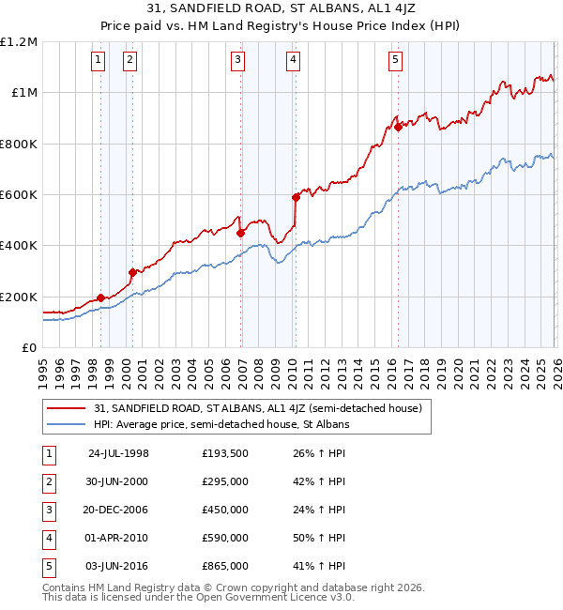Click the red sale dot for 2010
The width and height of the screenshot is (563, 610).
pyautogui.click(x=296, y=197)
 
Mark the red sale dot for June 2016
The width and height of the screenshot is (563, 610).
pyautogui.click(x=398, y=128)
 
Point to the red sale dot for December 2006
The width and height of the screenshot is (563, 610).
pyautogui.click(x=241, y=233)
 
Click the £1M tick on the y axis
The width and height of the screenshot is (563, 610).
pyautogui.click(x=23, y=93)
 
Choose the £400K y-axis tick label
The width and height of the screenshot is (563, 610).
pyautogui.click(x=19, y=246)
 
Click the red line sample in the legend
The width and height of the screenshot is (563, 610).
pyautogui.click(x=66, y=408)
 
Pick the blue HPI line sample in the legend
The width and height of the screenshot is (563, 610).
pyautogui.click(x=66, y=424)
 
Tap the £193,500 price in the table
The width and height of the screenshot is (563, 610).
pyautogui.click(x=224, y=452)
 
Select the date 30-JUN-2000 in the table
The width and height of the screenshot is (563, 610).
pyautogui.click(x=118, y=480)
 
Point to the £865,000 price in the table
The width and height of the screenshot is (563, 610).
pyautogui.click(x=224, y=566)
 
